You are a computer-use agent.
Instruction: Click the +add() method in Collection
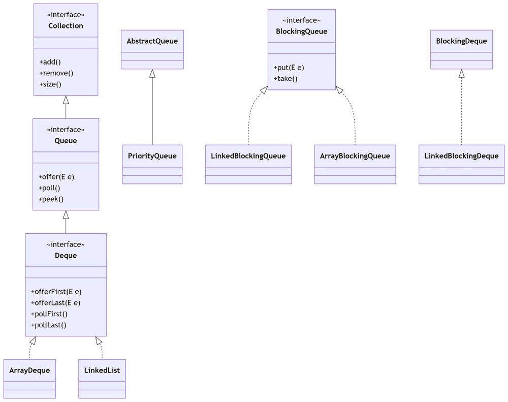pyautogui.click(x=50, y=62)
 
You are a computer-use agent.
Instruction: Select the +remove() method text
pyautogui.click(x=56, y=73)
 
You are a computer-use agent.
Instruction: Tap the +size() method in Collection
pyautogui.click(x=50, y=84)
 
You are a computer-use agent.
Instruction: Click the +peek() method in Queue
pyautogui.click(x=51, y=199)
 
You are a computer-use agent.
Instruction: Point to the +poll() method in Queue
pyautogui.click(x=49, y=188)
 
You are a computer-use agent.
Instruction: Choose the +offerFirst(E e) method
pyautogui.click(x=56, y=292)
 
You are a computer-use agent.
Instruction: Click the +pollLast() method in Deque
pyautogui.click(x=49, y=325)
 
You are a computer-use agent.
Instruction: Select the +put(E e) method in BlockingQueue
pyautogui.click(x=289, y=68)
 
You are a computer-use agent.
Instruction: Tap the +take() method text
pyautogui.click(x=285, y=79)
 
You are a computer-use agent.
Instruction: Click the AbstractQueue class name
pyautogui.click(x=152, y=41)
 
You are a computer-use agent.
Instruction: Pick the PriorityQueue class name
pyautogui.click(x=152, y=156)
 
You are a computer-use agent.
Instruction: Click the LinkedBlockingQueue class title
pyautogui.click(x=248, y=156)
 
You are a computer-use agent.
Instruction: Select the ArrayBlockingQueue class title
pyautogui.click(x=355, y=156)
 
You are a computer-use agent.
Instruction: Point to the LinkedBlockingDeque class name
pyautogui.click(x=461, y=156)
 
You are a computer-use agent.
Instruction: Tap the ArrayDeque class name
pyautogui.click(x=29, y=370)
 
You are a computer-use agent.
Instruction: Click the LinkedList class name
pyautogui.click(x=102, y=370)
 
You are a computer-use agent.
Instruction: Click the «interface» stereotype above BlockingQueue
pyautogui.click(x=302, y=20)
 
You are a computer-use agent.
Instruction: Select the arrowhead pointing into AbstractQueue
pyautogui.click(x=152, y=74)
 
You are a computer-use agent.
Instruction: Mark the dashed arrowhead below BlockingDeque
pyautogui.click(x=461, y=74)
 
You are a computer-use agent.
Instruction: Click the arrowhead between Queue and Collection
pyautogui.click(x=66, y=100)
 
